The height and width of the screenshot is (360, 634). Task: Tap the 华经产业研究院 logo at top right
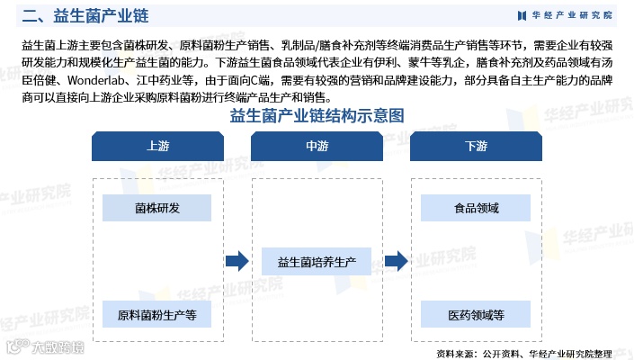click(x=564, y=15)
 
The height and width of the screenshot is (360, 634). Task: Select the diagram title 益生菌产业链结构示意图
click(x=316, y=116)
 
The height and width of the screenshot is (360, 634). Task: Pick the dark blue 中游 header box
click(x=317, y=146)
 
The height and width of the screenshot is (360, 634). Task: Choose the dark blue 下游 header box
click(x=476, y=146)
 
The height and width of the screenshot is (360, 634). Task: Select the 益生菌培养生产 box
click(x=317, y=262)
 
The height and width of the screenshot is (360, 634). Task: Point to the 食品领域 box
click(x=476, y=208)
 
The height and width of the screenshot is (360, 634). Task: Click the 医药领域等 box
click(x=476, y=315)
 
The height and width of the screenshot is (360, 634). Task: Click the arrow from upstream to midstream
click(x=237, y=262)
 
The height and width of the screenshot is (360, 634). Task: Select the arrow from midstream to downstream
click(x=397, y=262)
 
